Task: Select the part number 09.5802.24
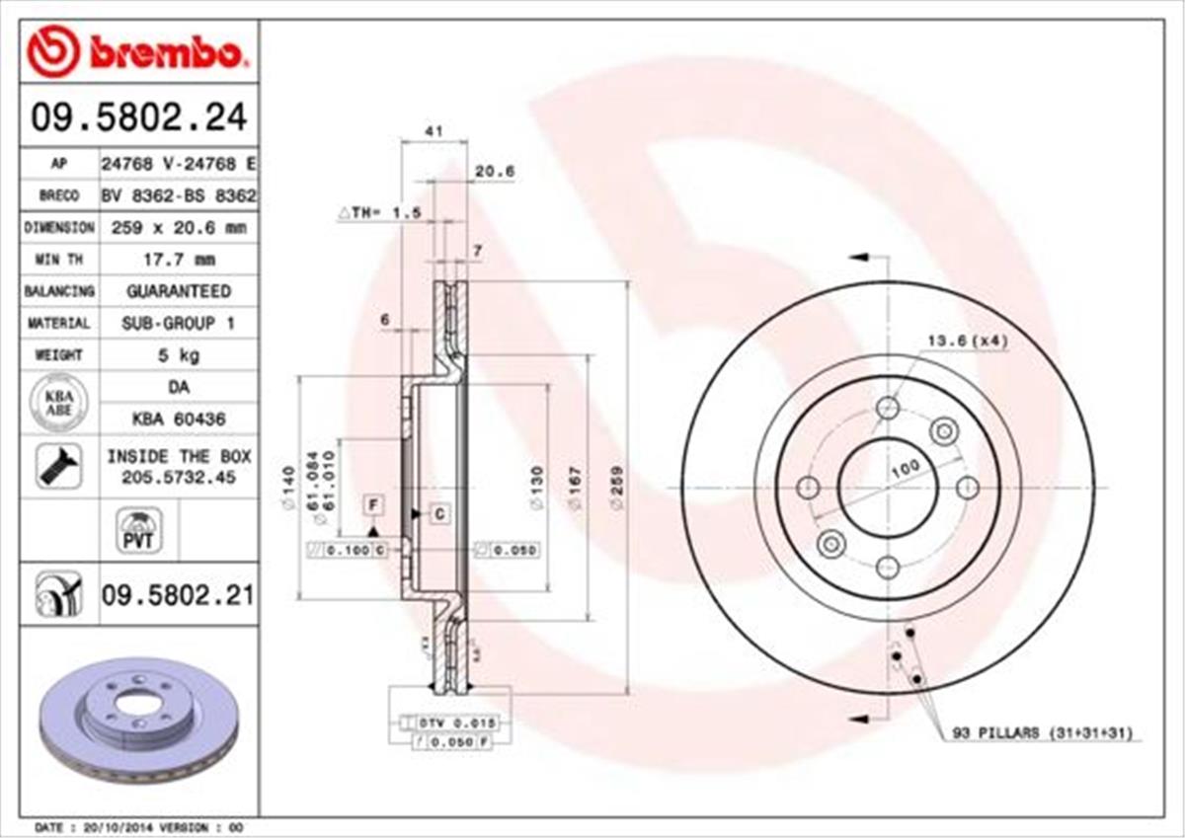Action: coord(138,117)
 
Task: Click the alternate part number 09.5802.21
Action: coord(178,594)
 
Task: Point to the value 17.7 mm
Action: coord(178,260)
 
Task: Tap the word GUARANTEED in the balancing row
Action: coord(178,291)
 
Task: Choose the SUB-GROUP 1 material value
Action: coord(178,323)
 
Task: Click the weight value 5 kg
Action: coord(178,354)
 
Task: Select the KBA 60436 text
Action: coord(178,419)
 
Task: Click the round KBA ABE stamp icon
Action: coord(59,404)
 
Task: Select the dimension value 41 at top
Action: coord(432,128)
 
